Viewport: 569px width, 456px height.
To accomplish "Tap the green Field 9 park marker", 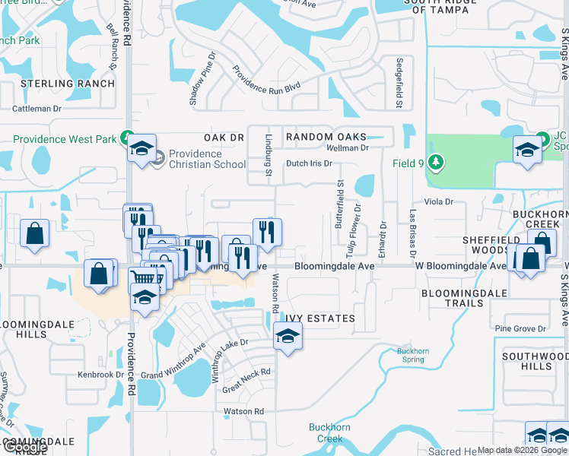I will tap(435, 163).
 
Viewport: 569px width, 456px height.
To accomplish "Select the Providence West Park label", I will tap(65, 139).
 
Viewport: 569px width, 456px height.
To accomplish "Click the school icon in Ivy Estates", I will tap(288, 336).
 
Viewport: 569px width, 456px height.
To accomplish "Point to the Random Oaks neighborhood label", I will tap(320, 137).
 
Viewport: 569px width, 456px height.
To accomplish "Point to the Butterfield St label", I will tap(340, 205).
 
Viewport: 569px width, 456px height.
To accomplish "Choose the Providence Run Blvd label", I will tap(267, 82).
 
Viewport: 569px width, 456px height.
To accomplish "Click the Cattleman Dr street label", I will tap(37, 109).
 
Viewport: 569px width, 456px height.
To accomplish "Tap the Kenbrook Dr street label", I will tap(100, 375).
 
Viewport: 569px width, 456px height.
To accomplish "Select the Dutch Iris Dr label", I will tap(309, 163).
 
